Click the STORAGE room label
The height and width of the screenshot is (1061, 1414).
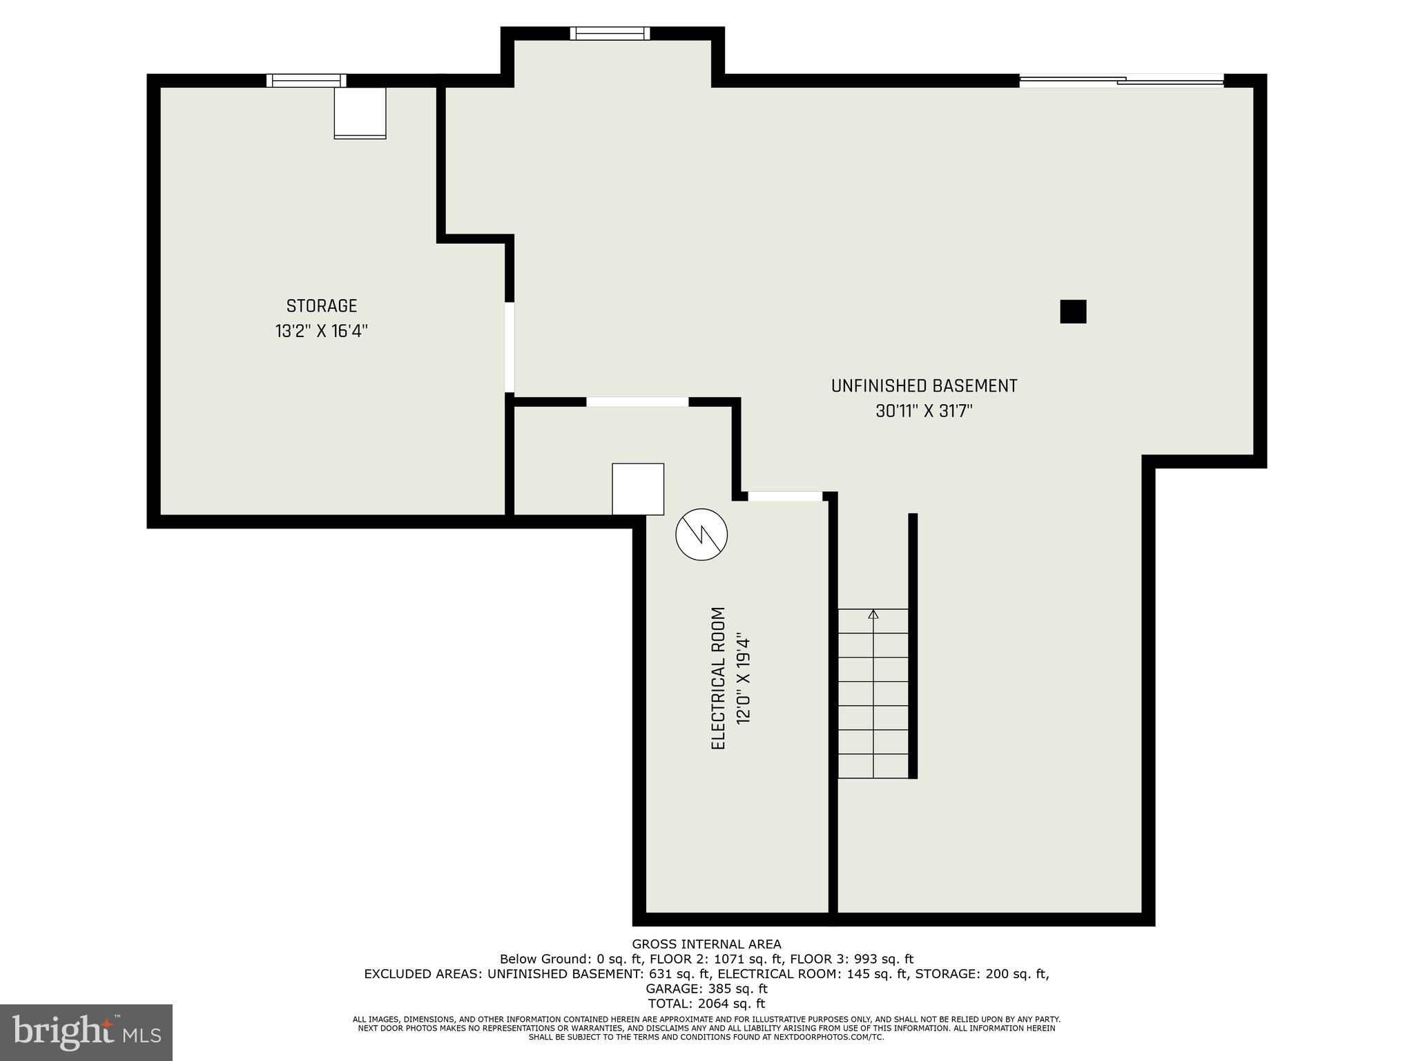click(321, 306)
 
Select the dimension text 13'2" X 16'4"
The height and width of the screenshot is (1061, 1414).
click(321, 332)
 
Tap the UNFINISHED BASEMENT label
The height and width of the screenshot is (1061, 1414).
click(924, 386)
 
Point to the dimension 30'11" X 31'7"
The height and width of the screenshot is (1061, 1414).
click(924, 412)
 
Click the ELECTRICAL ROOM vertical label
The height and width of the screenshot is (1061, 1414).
click(718, 678)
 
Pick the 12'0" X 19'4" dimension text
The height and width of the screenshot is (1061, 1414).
click(743, 678)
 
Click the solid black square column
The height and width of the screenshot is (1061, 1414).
click(1073, 312)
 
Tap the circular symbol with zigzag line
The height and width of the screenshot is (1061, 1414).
click(701, 534)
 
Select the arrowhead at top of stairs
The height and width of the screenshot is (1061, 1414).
click(873, 613)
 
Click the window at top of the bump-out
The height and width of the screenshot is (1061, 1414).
click(610, 33)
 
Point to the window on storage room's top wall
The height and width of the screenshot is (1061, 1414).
click(306, 80)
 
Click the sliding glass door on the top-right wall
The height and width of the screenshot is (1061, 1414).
click(1121, 81)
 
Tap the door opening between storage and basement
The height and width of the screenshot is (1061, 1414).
click(510, 347)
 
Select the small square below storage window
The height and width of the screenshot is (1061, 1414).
click(360, 113)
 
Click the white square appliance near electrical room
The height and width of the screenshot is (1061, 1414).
click(638, 489)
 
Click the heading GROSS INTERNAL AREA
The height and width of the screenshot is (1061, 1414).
click(706, 944)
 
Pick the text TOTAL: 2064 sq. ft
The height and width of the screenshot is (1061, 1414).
click(706, 1004)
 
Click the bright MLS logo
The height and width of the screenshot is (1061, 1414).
click(86, 1033)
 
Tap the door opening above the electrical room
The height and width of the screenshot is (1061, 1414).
click(785, 496)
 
